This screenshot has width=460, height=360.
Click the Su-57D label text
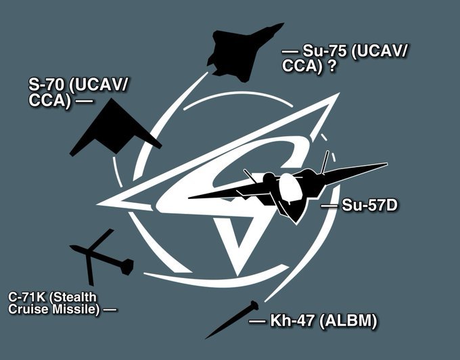369,205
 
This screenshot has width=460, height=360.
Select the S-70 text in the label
46,85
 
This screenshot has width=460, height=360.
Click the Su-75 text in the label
325,51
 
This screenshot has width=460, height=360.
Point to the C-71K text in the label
26,297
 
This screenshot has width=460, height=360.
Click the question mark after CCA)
331,66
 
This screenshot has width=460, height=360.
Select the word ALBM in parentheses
347,321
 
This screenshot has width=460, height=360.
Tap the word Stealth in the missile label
73,297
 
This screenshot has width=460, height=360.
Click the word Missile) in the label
76,309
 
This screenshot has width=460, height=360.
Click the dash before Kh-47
257,321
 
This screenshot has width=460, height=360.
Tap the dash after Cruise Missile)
110,309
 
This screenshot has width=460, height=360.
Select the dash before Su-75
290,51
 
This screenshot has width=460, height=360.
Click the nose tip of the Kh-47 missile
206,338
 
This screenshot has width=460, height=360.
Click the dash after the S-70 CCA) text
84,102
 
